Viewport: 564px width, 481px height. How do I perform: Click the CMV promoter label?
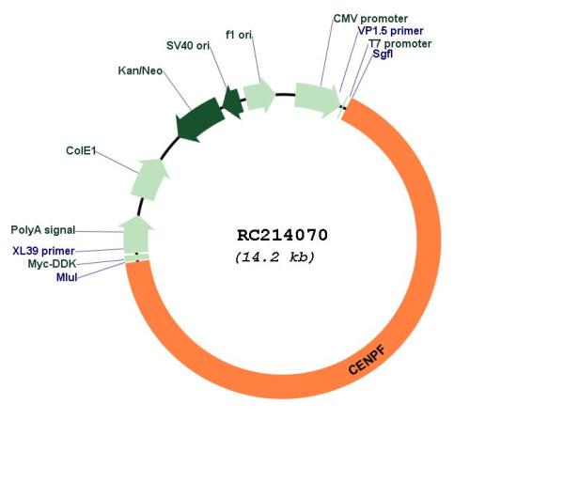pos(370,19)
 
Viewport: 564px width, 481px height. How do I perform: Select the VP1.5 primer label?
pos(390,31)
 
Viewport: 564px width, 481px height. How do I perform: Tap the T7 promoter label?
pos(399,44)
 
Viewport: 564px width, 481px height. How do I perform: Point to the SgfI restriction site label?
pos(383,54)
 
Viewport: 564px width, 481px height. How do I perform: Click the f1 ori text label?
pos(239,35)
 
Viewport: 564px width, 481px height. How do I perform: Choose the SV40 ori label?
pos(188,46)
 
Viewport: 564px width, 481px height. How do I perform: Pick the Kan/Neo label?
pos(140,70)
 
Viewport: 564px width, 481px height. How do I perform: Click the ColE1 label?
pos(81,150)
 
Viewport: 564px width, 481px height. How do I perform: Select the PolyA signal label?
pos(43,230)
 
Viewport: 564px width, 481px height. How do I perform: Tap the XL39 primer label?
pos(43,251)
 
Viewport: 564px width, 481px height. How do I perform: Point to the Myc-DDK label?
pos(52,264)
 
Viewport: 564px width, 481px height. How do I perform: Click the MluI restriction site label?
pos(67,277)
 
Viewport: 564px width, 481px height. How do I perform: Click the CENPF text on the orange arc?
pos(367,360)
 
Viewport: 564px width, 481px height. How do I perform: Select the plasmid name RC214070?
pos(282,236)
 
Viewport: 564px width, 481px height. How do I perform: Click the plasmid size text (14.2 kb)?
pos(274,257)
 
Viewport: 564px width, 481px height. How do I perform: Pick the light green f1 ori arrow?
pos(259,96)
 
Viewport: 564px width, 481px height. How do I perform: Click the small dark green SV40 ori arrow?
pos(232,102)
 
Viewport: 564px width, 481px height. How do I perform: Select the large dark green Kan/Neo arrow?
pos(199,119)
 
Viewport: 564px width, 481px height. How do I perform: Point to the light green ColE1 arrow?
pos(149,179)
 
